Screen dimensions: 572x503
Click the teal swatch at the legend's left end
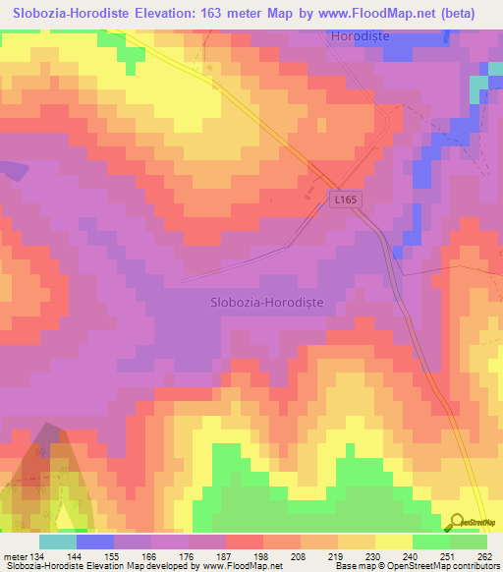[58, 542]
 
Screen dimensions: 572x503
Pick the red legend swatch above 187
[245, 542]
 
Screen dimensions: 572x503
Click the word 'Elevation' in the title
[164, 14]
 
